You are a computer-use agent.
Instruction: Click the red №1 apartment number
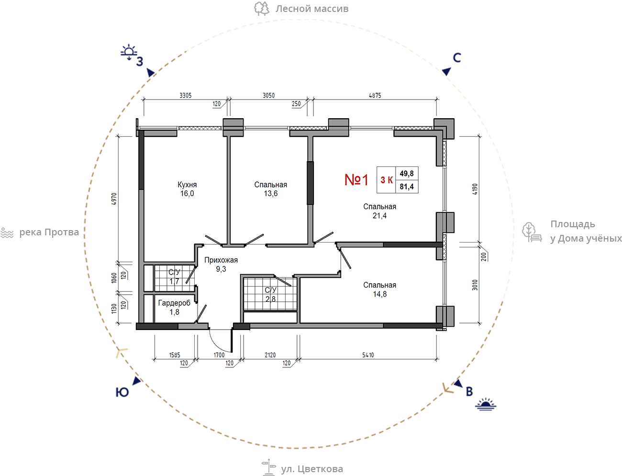(x=356, y=179)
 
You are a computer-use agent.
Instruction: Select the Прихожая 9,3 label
(x=221, y=265)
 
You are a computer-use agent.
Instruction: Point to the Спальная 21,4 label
(x=380, y=211)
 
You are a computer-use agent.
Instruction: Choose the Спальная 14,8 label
(x=380, y=289)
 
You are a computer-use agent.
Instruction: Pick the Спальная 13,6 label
(x=271, y=189)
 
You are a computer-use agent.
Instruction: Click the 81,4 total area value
(x=407, y=187)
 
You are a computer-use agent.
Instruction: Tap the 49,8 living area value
(x=407, y=173)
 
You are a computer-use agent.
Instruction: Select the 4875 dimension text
(x=375, y=96)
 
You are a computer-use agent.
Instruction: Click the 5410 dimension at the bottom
(x=368, y=355)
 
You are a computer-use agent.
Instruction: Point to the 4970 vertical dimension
(x=113, y=199)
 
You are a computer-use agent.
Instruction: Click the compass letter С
(x=457, y=58)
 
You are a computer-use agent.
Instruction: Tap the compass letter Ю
(x=122, y=392)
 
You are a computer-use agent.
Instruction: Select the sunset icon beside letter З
(x=129, y=52)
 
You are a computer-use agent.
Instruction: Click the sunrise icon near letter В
(x=486, y=404)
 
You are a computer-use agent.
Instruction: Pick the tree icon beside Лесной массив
(x=262, y=9)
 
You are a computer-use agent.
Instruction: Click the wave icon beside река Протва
(x=7, y=233)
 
